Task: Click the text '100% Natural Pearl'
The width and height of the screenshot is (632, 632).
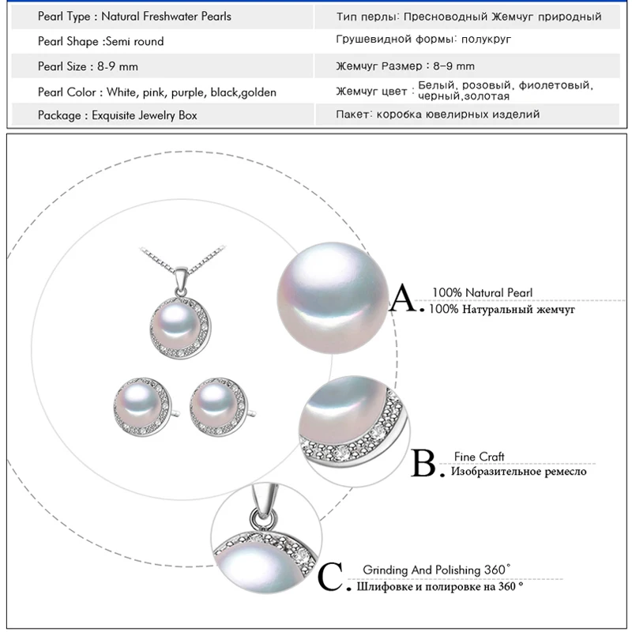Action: (x=482, y=293)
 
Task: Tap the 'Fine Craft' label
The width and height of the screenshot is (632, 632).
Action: (x=479, y=457)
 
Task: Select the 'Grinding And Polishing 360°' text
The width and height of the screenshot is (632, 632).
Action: (x=442, y=569)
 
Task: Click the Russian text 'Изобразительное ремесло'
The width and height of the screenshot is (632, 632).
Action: (x=518, y=472)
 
